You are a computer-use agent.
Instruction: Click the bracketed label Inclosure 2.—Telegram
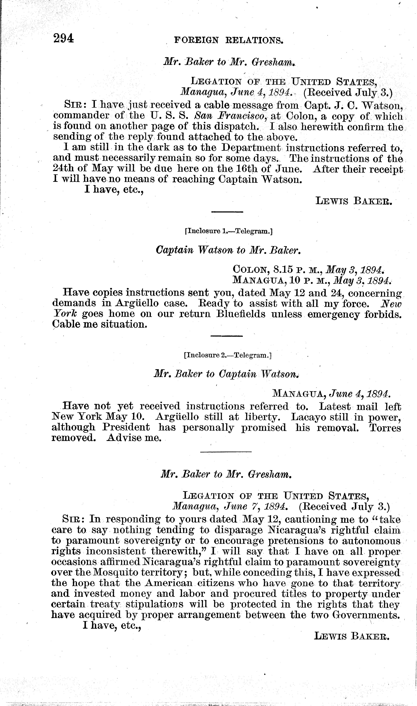pyautogui.click(x=228, y=355)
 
